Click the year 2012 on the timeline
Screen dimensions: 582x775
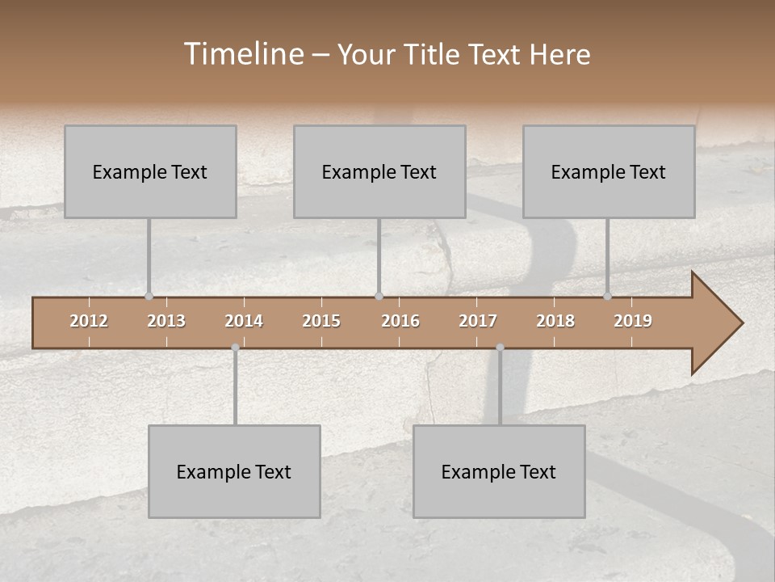[89, 321]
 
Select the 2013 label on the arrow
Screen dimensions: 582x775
[166, 321]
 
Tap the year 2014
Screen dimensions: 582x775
[244, 321]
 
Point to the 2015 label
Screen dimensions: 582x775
[321, 321]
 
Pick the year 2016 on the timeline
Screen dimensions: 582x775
[400, 321]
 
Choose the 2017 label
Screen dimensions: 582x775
[478, 321]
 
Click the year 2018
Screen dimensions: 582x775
[555, 321]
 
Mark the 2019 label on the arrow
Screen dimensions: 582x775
[633, 321]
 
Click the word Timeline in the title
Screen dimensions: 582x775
[243, 54]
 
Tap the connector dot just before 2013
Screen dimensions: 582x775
[149, 297]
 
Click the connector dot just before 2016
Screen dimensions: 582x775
[379, 297]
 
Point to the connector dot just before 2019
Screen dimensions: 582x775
[607, 297]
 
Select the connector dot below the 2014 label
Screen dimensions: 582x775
[235, 348]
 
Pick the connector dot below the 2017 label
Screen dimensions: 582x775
[500, 348]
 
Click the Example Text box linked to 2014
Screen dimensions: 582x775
[234, 471]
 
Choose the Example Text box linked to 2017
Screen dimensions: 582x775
[499, 471]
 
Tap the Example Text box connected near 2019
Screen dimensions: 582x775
[609, 171]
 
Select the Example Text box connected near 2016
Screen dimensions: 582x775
[379, 171]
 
